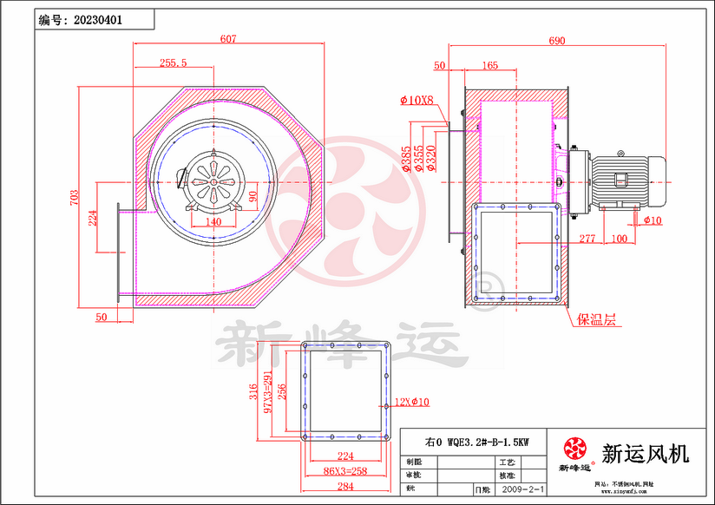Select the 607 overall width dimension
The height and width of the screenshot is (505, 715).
coord(228,39)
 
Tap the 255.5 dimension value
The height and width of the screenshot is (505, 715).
coord(174,62)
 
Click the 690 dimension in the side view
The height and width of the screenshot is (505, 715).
coord(557,40)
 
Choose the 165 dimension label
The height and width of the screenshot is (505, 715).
coord(489,65)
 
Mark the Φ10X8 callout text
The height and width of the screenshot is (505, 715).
coord(417,101)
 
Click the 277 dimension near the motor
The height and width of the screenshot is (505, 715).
coord(587,237)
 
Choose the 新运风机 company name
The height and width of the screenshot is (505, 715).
coord(645,453)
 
